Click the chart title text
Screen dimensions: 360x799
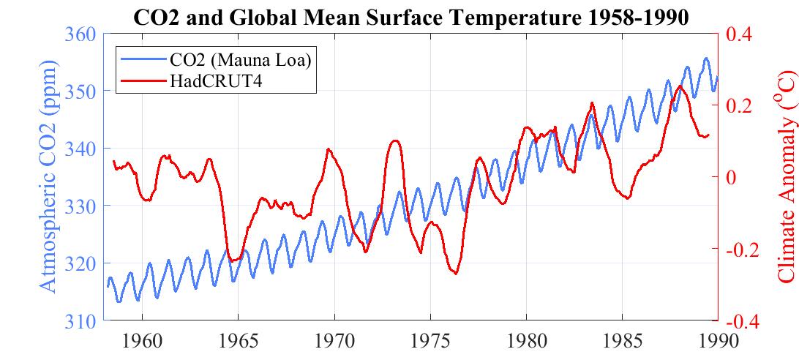[412, 16]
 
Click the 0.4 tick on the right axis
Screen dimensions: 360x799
[740, 34]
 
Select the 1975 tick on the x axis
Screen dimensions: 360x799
[429, 342]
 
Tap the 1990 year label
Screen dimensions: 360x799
[717, 342]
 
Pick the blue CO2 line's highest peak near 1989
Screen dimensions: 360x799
[706, 59]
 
